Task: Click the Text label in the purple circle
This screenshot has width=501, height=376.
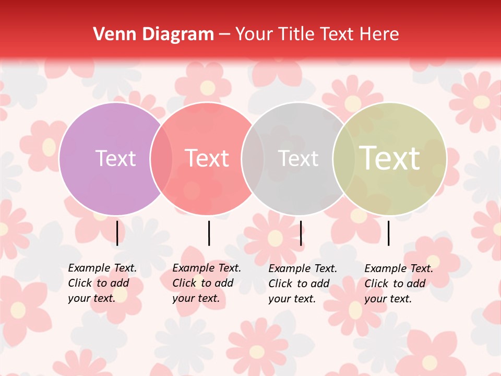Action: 115,158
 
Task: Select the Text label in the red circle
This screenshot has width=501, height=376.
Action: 207,158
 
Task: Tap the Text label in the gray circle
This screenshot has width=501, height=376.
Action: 298,158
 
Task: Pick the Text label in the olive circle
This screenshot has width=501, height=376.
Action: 389,158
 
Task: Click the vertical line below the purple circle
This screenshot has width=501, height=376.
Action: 117,233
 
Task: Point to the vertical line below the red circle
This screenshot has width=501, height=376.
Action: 209,233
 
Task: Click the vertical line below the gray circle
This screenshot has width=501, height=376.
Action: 301,233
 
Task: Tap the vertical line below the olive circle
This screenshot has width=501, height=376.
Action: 389,233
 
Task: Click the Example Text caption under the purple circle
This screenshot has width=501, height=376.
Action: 102,283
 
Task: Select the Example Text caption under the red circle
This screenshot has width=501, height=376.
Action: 206,283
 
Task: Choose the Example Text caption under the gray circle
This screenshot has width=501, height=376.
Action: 302,284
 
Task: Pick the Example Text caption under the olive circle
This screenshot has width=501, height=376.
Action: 398,284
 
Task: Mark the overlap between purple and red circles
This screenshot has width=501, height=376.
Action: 161,158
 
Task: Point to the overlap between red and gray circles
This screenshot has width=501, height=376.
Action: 253,158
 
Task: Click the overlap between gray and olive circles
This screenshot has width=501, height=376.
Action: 344,158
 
